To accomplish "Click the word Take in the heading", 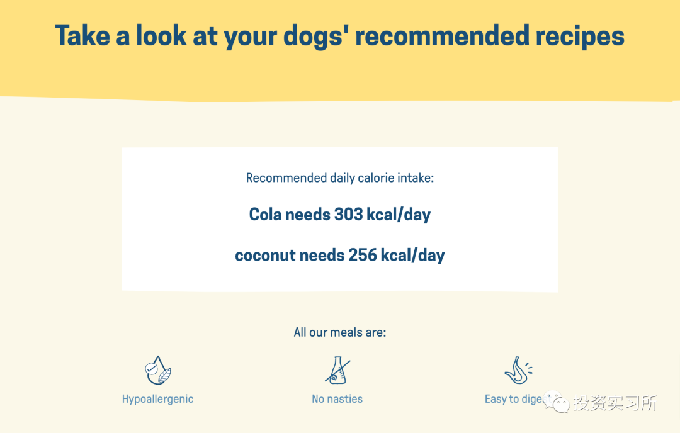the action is tap(82, 35).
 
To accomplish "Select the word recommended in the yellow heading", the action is tap(443, 35).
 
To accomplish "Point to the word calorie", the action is tap(379, 177).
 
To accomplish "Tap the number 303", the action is tap(349, 214).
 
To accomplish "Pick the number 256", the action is tap(363, 255).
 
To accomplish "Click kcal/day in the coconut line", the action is tap(413, 256).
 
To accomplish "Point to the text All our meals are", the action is tap(340, 332).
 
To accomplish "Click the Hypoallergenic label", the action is tap(158, 399).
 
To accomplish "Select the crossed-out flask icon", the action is tap(338, 370).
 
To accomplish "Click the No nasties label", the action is tap(337, 399).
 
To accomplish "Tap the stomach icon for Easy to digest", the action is tap(518, 371).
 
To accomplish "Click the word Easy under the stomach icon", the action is tap(496, 399).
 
